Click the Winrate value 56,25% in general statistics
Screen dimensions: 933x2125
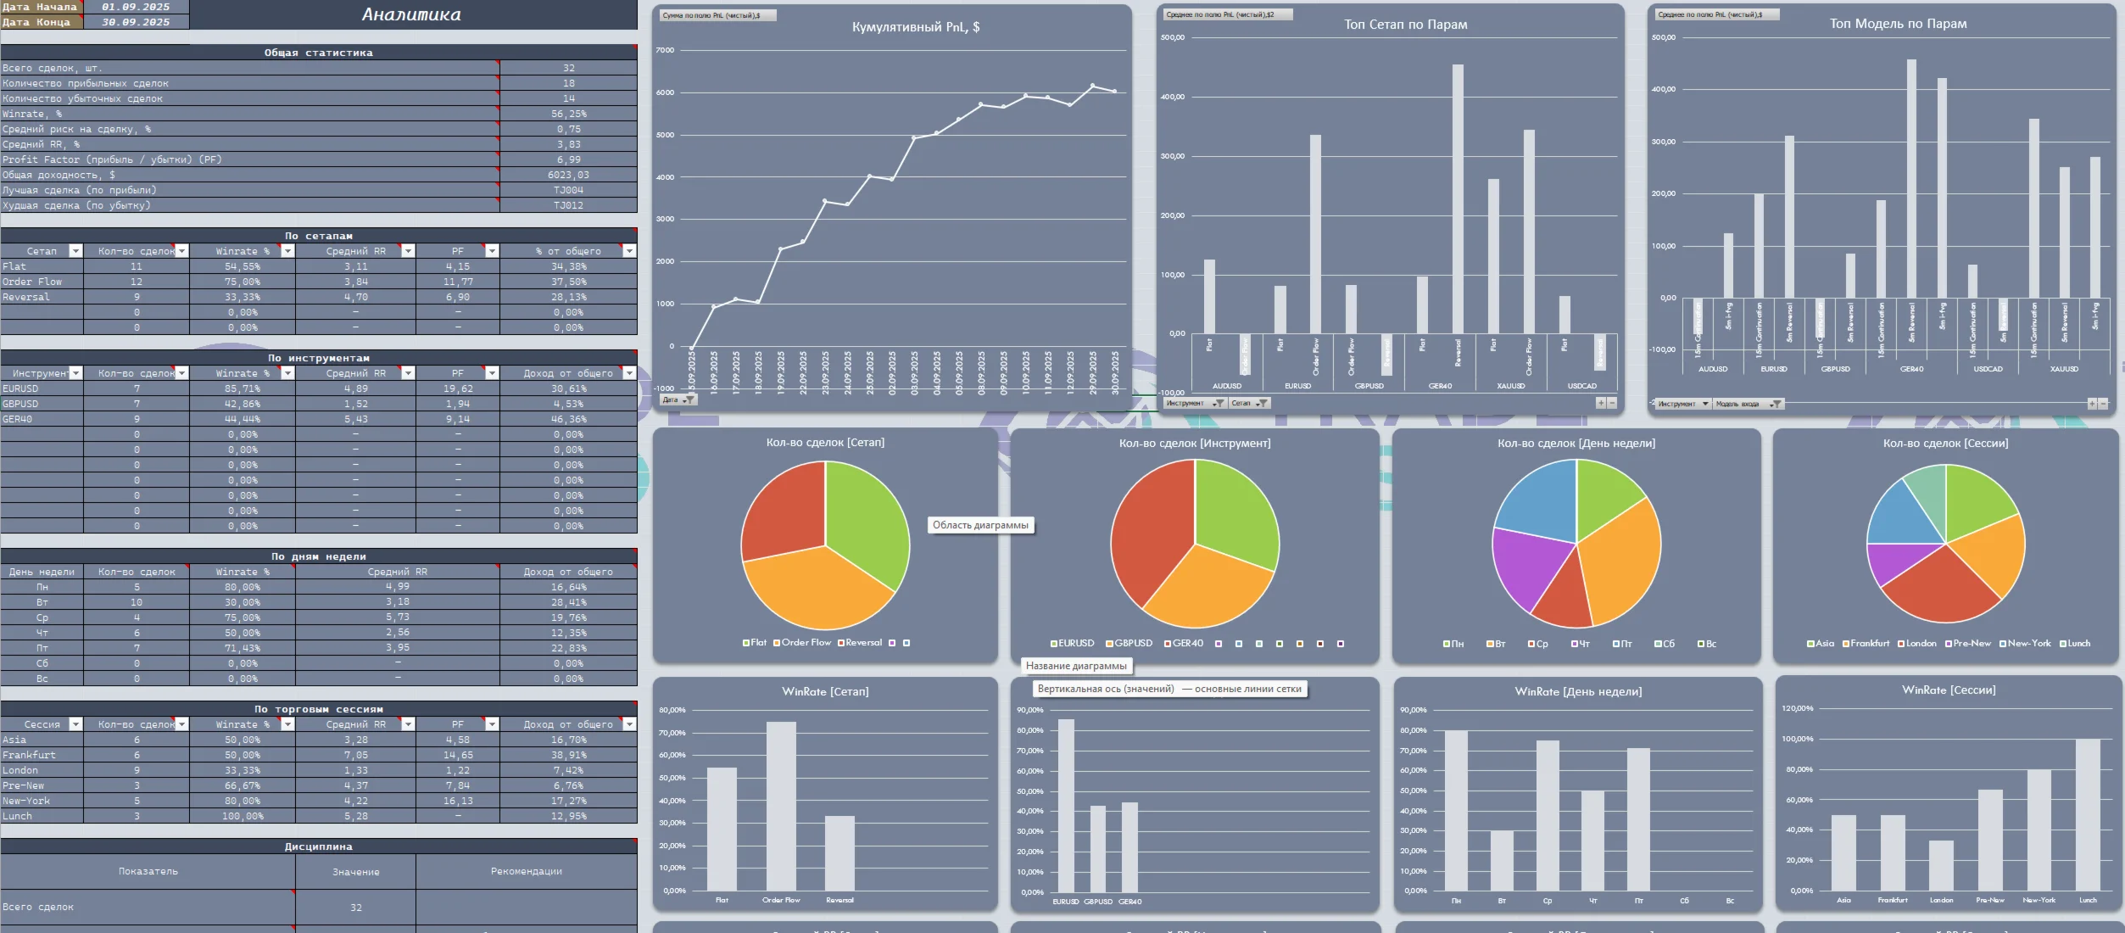[x=568, y=114]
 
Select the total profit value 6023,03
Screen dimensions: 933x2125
[x=568, y=175]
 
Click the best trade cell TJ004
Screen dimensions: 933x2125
[x=568, y=190]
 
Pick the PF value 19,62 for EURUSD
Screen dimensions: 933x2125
[x=458, y=388]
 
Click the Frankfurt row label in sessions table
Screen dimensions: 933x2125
[x=29, y=755]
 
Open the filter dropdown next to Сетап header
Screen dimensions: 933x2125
[x=75, y=251]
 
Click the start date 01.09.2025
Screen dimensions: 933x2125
[x=136, y=7]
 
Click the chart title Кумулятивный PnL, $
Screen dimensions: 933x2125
[x=915, y=27]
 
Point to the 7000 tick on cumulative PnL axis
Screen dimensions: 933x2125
[x=665, y=50]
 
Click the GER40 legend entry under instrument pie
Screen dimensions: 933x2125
[x=1187, y=644]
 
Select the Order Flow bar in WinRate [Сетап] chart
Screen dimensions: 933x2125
[x=781, y=806]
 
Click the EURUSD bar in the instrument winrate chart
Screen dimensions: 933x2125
[x=1066, y=806]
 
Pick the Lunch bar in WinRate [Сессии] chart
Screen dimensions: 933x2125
[x=2088, y=814]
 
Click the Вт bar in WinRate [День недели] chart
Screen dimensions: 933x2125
[x=1502, y=860]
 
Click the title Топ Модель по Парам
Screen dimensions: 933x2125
[x=1898, y=24]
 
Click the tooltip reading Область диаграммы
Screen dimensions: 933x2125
[x=980, y=526]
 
